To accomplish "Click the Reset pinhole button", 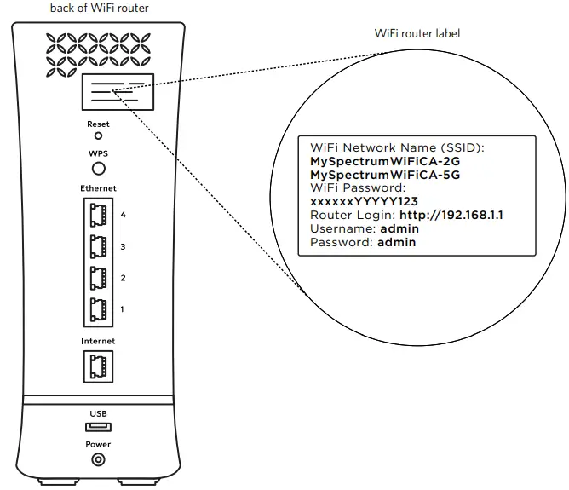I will click(98, 135).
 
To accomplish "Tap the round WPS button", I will click(98, 169).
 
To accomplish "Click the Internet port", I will click(97, 366).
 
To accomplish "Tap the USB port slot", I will click(98, 426).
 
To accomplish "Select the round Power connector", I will click(98, 460).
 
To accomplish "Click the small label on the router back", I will click(118, 92).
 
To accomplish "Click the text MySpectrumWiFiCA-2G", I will click(374, 160).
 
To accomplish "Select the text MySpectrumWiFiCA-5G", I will click(374, 175).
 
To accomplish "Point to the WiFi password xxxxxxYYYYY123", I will click(364, 202).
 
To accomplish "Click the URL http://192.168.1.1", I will click(451, 216).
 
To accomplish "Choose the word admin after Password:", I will click(396, 243).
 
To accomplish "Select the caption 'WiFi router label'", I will click(417, 34).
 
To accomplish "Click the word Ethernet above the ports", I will click(98, 187).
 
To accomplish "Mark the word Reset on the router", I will click(98, 124).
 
